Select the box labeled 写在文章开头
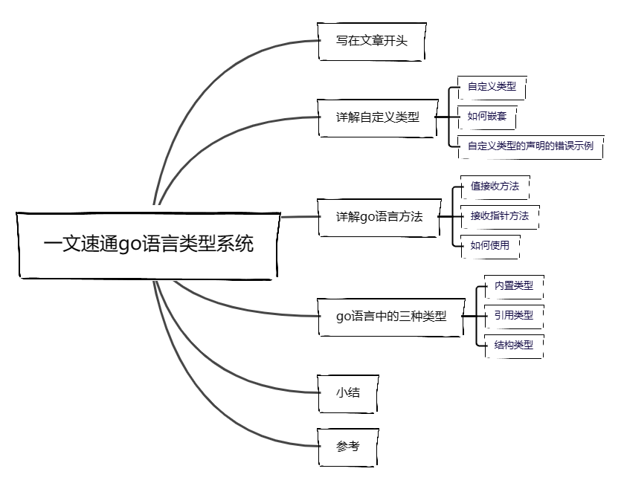(372, 41)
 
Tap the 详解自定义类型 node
(377, 117)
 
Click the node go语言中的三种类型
(390, 316)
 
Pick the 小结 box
(347, 392)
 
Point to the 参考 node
(347, 447)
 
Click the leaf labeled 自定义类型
(491, 87)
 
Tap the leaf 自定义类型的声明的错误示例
(530, 146)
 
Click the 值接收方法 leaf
(495, 187)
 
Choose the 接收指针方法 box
(499, 216)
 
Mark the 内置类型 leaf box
(513, 285)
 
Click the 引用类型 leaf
(513, 315)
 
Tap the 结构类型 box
(513, 345)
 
